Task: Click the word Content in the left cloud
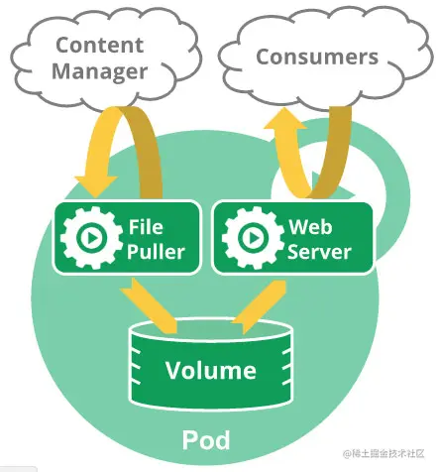point(100,45)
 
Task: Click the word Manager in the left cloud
point(100,72)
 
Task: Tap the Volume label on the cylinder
point(210,371)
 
